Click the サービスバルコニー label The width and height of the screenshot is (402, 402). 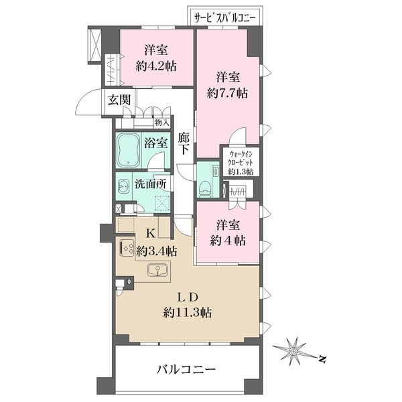click(224, 18)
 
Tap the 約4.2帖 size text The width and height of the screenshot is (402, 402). click(156, 67)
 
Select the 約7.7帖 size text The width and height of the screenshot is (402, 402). click(227, 93)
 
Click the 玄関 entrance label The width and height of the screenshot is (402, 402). click(119, 100)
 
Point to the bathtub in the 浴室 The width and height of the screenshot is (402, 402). click(128, 150)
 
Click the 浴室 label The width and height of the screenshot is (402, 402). click(155, 143)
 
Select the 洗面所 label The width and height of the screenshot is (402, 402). click(151, 184)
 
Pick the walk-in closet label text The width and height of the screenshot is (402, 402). click(241, 163)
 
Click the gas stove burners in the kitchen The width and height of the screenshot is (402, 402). click(127, 247)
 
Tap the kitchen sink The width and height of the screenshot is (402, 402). click(157, 271)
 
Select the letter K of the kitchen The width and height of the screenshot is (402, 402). click(150, 234)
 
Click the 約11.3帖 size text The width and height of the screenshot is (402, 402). click(188, 313)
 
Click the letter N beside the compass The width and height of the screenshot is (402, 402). click(322, 359)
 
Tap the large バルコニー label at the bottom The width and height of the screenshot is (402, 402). click(186, 369)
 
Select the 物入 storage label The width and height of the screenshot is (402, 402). click(162, 123)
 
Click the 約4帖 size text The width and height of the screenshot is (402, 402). click(228, 241)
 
